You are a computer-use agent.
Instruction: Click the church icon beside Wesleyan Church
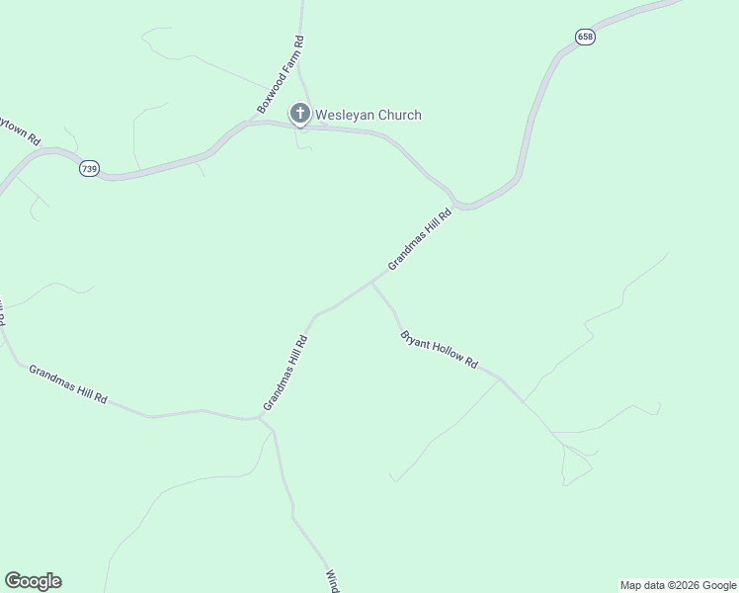300,115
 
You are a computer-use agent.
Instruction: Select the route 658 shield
586,37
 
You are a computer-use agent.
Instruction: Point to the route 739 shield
89,169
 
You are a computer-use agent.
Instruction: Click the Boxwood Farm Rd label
281,74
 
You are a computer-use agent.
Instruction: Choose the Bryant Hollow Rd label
439,350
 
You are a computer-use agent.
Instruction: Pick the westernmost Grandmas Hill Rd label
67,386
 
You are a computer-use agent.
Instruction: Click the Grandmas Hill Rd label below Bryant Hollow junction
286,374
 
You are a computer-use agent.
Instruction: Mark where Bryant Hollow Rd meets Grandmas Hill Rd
371,282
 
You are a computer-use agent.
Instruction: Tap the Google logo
33,581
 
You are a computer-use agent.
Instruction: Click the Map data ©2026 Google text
678,585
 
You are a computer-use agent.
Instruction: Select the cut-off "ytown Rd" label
20,132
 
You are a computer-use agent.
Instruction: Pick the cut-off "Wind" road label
333,581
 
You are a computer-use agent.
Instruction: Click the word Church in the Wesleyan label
398,115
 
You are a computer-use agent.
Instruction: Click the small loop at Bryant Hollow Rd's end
576,465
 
